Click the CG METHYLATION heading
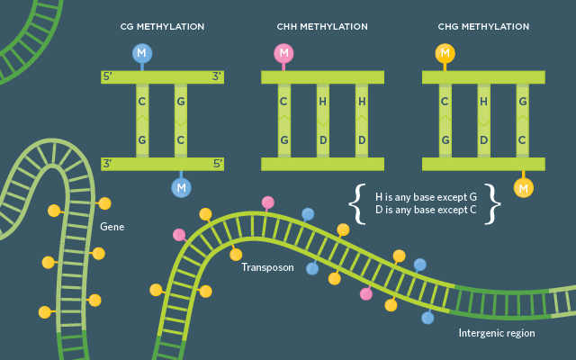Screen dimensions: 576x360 pyautogui.click(x=162, y=27)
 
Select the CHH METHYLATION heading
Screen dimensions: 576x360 pyautogui.click(x=322, y=27)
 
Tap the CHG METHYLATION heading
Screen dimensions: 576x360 pyautogui.click(x=483, y=27)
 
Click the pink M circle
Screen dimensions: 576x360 pyautogui.click(x=283, y=53)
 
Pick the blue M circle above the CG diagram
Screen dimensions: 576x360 pyautogui.click(x=142, y=53)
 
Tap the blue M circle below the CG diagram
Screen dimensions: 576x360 pyautogui.click(x=181, y=188)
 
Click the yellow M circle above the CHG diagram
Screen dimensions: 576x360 pyautogui.click(x=445, y=53)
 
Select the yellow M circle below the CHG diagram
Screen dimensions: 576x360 pyautogui.click(x=524, y=188)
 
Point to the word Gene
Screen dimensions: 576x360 pyautogui.click(x=112, y=227)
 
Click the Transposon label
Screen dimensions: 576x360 pyautogui.click(x=267, y=267)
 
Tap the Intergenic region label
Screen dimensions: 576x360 pyautogui.click(x=497, y=333)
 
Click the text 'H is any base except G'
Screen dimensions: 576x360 pyautogui.click(x=426, y=197)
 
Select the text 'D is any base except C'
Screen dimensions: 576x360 pyautogui.click(x=426, y=210)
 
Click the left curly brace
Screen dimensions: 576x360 pyautogui.click(x=356, y=204)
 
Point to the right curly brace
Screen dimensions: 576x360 pyautogui.click(x=492, y=204)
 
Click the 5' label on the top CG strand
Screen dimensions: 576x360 pyautogui.click(x=108, y=76)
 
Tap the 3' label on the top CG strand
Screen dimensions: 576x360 pyautogui.click(x=217, y=76)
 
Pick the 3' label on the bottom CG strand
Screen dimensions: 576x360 pyautogui.click(x=108, y=164)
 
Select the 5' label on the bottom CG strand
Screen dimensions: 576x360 pyautogui.click(x=218, y=164)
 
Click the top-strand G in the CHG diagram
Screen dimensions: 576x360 pyautogui.click(x=523, y=102)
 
